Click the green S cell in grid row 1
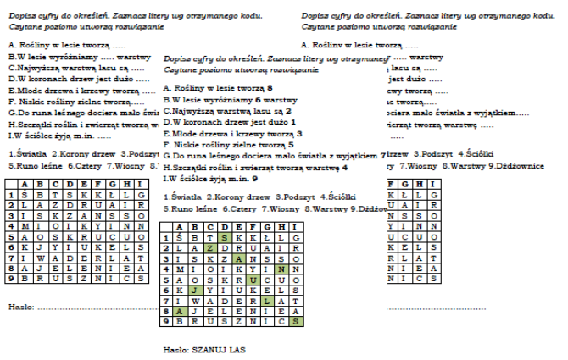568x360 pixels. pyautogui.click(x=223, y=238)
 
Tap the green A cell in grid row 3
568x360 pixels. pyautogui.click(x=239, y=259)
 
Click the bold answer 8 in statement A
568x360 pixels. pyautogui.click(x=269, y=88)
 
